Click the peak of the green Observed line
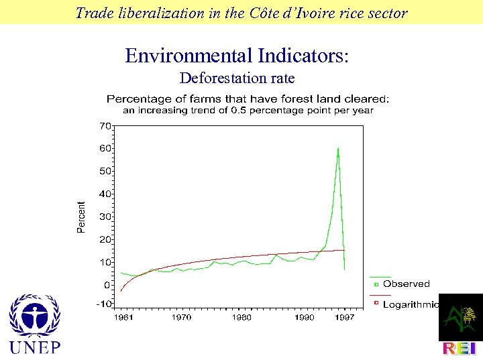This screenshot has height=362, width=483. point(338,148)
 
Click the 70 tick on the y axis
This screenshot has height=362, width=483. point(105,125)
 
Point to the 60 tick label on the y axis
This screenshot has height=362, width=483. point(105,148)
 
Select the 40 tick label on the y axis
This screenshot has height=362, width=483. point(105,194)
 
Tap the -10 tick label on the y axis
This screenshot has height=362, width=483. point(103,304)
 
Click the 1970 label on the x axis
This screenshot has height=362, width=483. point(181,317)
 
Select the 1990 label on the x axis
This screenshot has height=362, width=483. point(303,317)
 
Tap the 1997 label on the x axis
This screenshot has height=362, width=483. point(344,317)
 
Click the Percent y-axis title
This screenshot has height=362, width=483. point(82,217)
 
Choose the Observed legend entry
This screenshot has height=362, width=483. point(406,284)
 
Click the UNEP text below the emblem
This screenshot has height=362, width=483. point(34,347)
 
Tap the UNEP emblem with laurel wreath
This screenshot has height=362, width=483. point(34,316)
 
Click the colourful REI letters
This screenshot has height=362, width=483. point(460,349)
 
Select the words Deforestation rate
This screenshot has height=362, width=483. point(237,78)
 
